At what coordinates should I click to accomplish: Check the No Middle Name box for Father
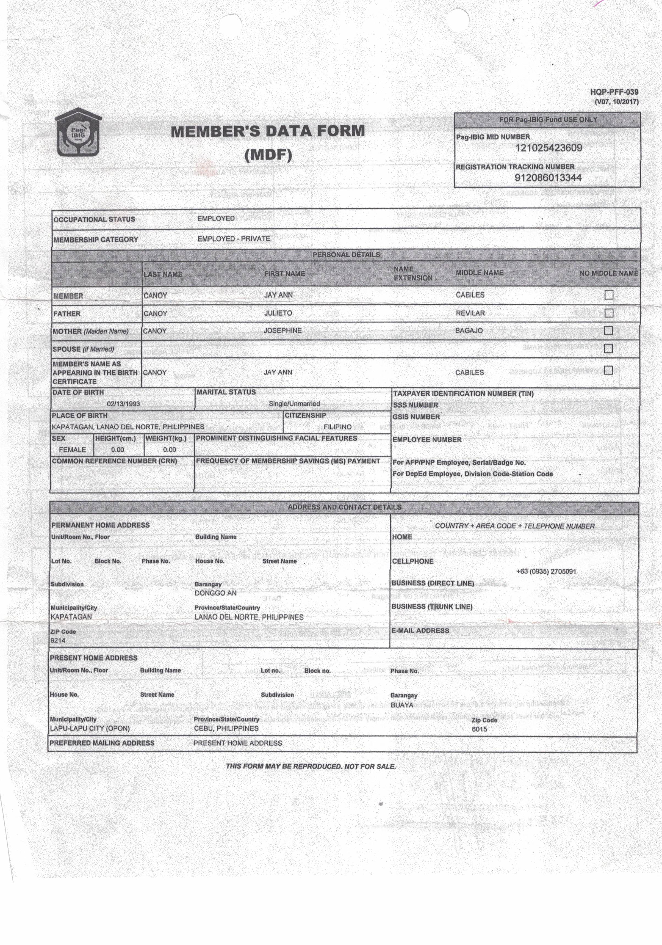608,313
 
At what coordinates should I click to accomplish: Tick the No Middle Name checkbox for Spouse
608,349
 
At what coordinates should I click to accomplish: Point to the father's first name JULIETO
278,313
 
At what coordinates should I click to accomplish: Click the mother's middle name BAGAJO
469,330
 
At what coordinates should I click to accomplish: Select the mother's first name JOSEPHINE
283,330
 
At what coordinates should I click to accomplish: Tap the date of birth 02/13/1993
123,404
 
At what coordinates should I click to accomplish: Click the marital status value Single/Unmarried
294,404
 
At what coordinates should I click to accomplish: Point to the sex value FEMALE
73,450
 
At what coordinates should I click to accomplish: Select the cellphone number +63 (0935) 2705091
546,571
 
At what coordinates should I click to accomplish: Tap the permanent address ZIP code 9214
58,640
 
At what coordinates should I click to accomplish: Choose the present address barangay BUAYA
401,705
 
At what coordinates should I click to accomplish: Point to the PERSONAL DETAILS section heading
346,255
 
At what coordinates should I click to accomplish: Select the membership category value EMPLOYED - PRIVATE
234,239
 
